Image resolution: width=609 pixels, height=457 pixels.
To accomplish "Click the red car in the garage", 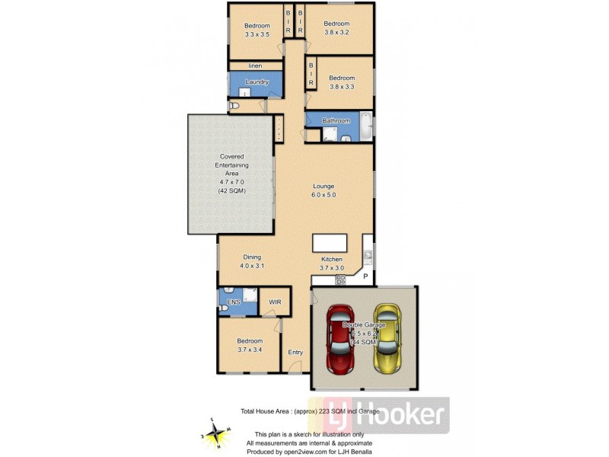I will tap(340, 339).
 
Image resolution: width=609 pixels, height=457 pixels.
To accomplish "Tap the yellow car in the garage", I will tap(388, 339).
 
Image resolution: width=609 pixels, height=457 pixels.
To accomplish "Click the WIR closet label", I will tap(275, 302).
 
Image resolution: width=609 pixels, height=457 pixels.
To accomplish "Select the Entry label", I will tap(295, 352).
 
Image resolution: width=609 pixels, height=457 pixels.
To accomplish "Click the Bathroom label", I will tap(336, 120).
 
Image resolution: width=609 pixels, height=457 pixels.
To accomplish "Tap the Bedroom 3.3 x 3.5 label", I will tap(257, 30).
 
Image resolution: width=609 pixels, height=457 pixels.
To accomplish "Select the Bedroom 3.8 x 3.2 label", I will tap(336, 28).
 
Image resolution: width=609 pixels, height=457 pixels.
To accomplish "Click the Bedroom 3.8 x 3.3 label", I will tap(342, 81).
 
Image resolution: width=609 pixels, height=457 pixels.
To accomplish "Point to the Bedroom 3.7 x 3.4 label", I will tap(249, 345).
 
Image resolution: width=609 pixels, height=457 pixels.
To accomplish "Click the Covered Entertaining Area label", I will tap(231, 174).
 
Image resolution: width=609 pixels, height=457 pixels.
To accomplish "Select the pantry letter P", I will tap(365, 275).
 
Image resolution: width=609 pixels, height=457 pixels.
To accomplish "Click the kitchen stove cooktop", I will tap(341, 279).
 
